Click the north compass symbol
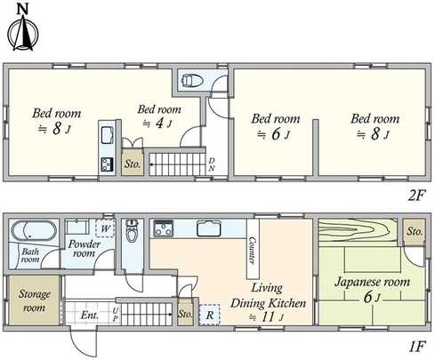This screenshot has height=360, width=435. (22, 28)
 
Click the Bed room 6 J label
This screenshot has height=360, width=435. (274, 125)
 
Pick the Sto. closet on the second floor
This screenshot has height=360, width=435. (132, 164)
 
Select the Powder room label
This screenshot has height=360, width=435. (85, 248)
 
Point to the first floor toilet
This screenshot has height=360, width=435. (132, 233)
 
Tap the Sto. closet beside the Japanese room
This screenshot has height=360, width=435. (415, 233)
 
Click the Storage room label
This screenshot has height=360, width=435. (32, 300)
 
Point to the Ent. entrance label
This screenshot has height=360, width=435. (90, 315)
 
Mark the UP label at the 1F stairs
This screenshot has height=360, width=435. (116, 315)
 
